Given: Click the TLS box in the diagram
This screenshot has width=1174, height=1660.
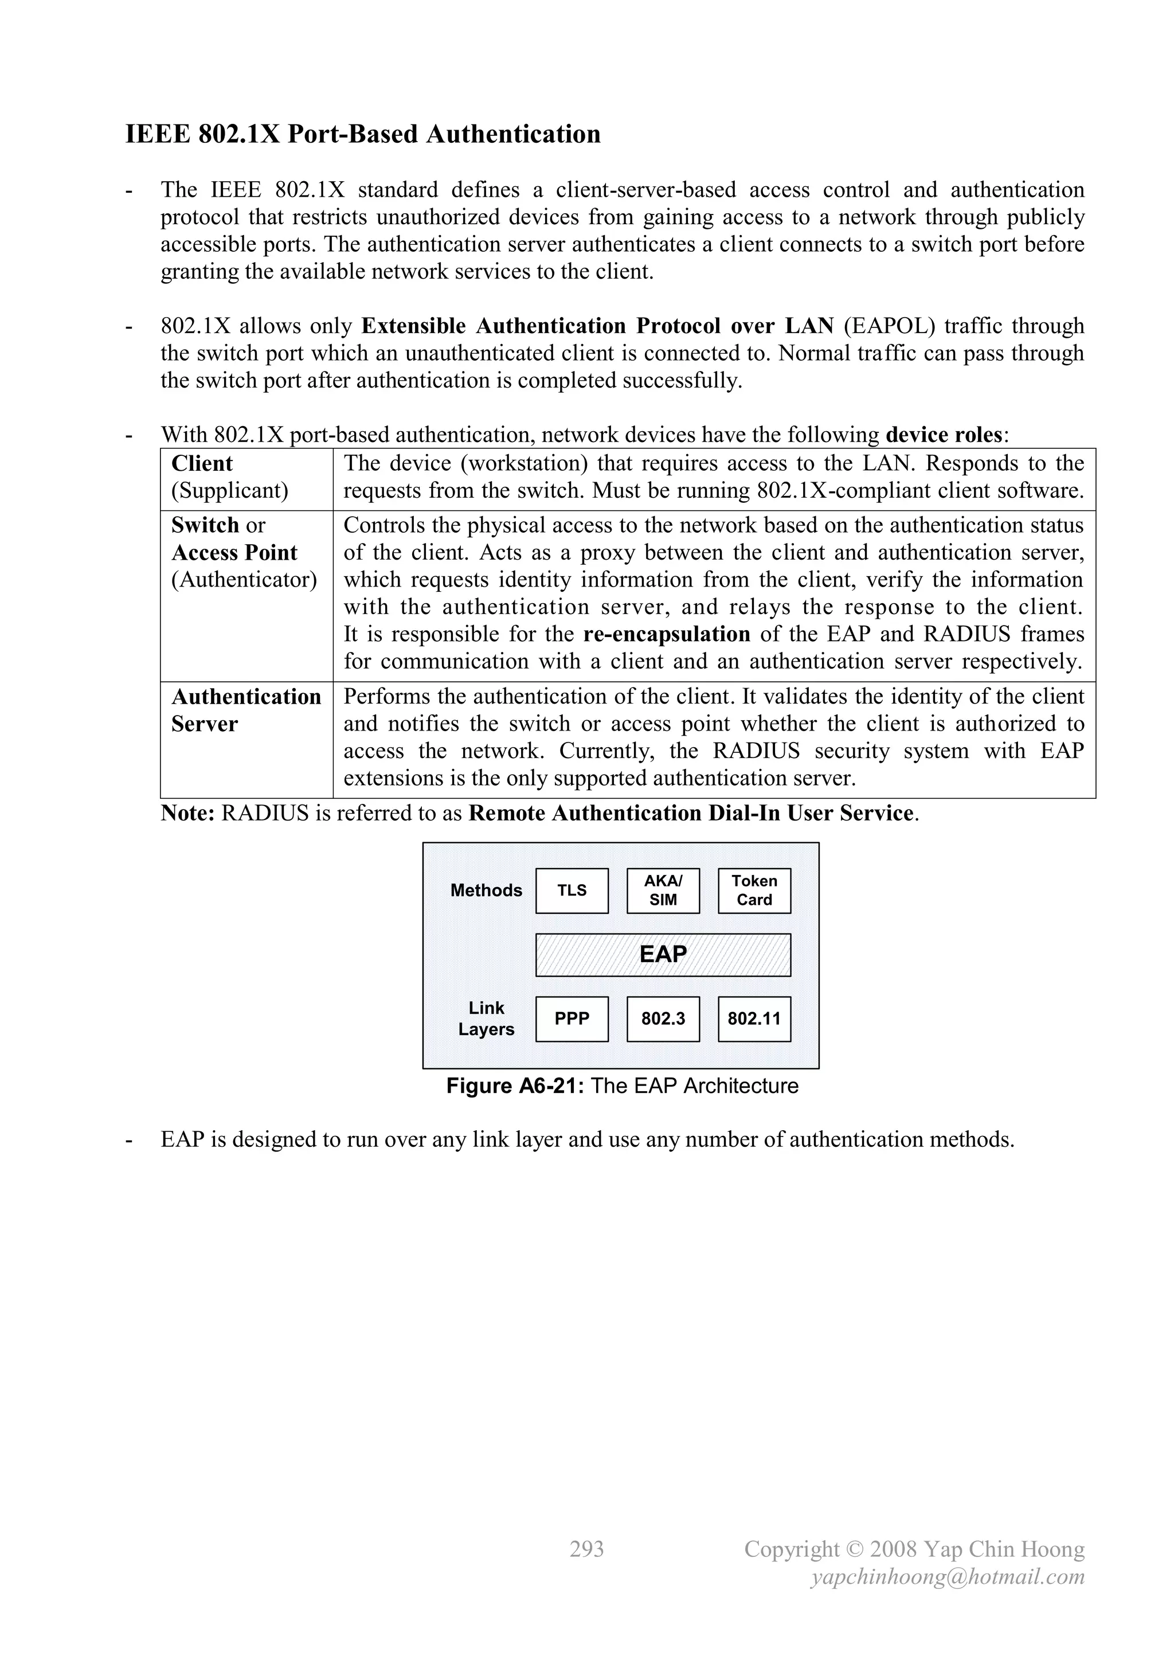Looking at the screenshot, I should (572, 890).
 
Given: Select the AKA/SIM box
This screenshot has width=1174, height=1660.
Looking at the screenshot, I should (663, 890).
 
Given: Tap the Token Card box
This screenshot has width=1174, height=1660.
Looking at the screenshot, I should (754, 890).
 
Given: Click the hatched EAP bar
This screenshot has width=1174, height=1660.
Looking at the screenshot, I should (663, 954).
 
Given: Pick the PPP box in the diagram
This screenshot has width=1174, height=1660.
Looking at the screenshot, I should (572, 1019).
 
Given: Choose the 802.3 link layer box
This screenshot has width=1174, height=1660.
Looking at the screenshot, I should (663, 1019).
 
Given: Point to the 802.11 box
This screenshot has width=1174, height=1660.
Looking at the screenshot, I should (754, 1019).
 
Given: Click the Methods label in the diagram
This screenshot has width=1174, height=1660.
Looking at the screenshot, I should (486, 890).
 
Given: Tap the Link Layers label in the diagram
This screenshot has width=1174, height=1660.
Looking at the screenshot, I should (486, 1019).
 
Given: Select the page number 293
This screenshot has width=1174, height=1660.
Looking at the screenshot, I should (586, 1549).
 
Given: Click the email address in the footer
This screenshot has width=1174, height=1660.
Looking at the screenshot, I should (947, 1577).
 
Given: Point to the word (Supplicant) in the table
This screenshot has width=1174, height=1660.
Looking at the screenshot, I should (230, 491).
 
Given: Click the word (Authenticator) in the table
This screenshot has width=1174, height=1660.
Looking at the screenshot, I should (244, 580).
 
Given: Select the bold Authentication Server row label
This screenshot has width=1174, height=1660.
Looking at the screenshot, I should (246, 710).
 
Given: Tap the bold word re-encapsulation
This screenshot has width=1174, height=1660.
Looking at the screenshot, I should (667, 634).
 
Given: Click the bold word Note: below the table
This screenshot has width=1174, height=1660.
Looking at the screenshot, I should (188, 813).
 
